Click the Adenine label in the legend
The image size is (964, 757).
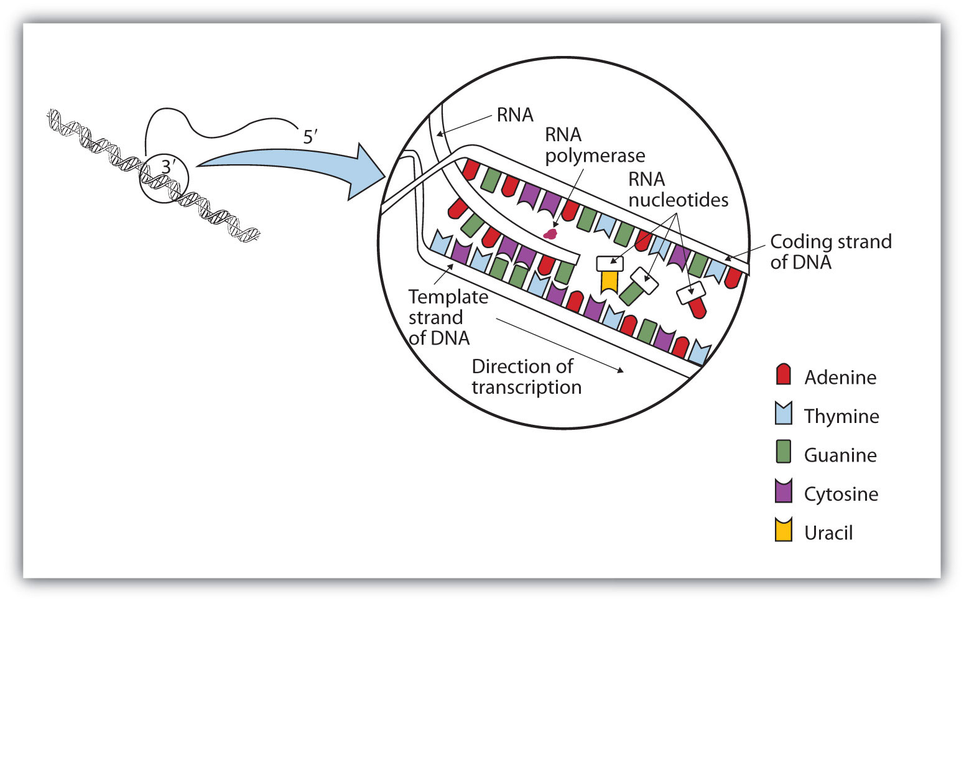click(x=840, y=378)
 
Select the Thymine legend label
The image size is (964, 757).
click(x=841, y=416)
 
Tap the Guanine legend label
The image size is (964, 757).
click(x=840, y=455)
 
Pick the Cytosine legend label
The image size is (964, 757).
click(x=841, y=494)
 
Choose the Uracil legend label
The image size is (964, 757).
click(x=828, y=533)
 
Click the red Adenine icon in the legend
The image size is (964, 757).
click(x=784, y=374)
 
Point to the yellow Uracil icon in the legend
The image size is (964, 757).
click(x=784, y=530)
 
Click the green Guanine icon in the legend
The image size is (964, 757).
click(x=784, y=452)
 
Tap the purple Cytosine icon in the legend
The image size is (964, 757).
click(x=784, y=491)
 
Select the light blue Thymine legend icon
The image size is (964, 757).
click(x=784, y=414)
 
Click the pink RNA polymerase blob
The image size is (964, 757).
click(x=550, y=234)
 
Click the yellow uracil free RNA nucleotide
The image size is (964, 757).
click(x=609, y=281)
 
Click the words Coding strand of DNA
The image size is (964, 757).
click(x=830, y=252)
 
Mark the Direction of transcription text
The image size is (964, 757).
click(x=526, y=376)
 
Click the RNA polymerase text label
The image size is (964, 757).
click(x=595, y=145)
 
